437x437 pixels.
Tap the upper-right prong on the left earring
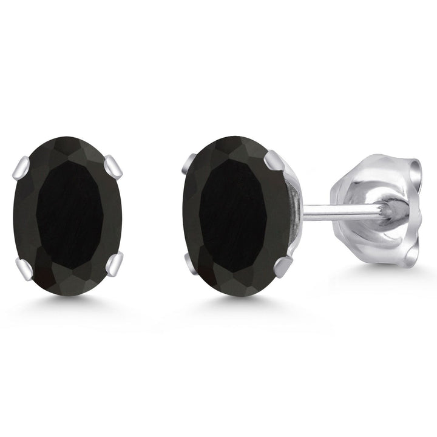coord(113,166)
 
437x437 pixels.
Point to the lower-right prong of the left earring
coord(114,262)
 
